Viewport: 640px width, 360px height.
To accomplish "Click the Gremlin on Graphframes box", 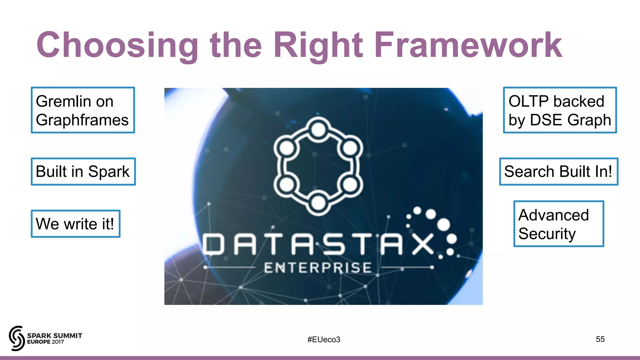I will coord(83,110).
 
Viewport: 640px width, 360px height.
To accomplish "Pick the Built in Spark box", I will coord(83,172).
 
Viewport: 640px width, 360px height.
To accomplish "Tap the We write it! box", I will coord(75,224).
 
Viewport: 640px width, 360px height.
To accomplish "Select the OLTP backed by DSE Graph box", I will coord(560,110).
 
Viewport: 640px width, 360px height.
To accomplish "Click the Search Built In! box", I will coord(558,172).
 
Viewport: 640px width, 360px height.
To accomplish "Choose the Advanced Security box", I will coord(558,224).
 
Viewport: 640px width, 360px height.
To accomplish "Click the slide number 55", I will coord(600,339).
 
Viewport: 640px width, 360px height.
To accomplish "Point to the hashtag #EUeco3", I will coord(324,339).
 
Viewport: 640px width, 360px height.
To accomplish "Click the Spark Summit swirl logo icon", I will coord(17,338).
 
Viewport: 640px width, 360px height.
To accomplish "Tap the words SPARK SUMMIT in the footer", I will coord(55,336).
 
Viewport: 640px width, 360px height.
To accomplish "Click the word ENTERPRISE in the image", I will coord(318,268).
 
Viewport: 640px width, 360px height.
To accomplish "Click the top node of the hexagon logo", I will coord(318,130).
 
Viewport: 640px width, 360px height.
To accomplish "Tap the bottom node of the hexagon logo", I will coord(318,203).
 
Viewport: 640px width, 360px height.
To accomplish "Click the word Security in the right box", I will coord(547,234).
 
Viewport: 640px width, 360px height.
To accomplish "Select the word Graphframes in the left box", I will coord(82,120).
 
